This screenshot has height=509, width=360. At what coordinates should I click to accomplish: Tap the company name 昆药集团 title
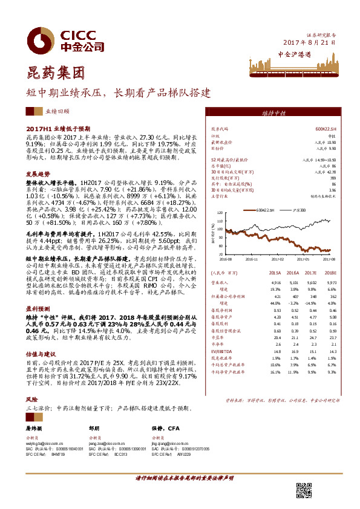click(46, 74)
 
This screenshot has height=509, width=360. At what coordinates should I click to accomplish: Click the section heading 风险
click(31, 400)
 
